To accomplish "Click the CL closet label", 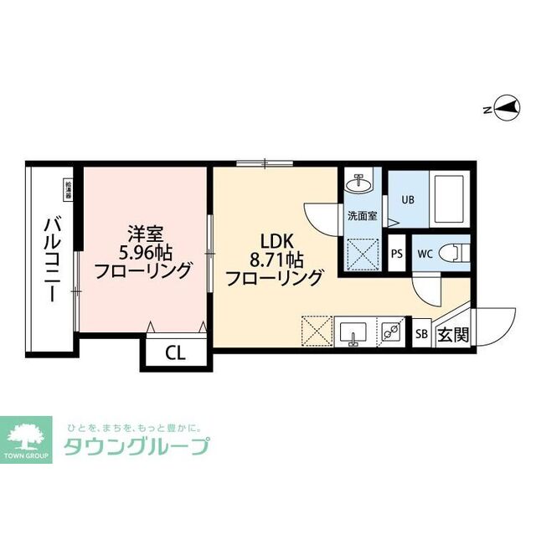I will point(175,352).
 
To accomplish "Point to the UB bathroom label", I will point(407,199).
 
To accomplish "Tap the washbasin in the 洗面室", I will point(361,182).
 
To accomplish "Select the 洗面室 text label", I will point(361,215).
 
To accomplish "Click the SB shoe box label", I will point(422,335).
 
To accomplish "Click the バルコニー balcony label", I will point(50,261).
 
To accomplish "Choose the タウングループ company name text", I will point(137,447).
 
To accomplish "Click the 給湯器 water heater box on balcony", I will point(68,190).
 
